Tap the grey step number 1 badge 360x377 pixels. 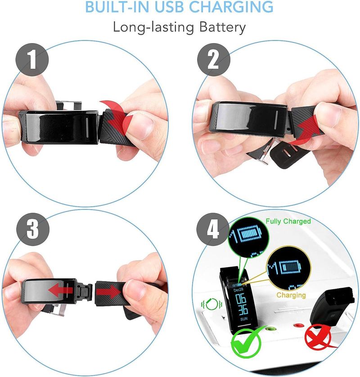point(32,60)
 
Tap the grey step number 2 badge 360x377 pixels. point(214,60)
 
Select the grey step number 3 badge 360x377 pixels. point(33,229)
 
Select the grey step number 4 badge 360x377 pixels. point(213,229)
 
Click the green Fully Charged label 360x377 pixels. point(288,221)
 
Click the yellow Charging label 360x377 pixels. point(291,295)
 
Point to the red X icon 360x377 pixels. point(318,337)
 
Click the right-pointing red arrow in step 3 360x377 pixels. point(108,292)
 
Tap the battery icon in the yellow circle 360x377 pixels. point(290,267)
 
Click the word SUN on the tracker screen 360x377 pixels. point(244,319)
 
